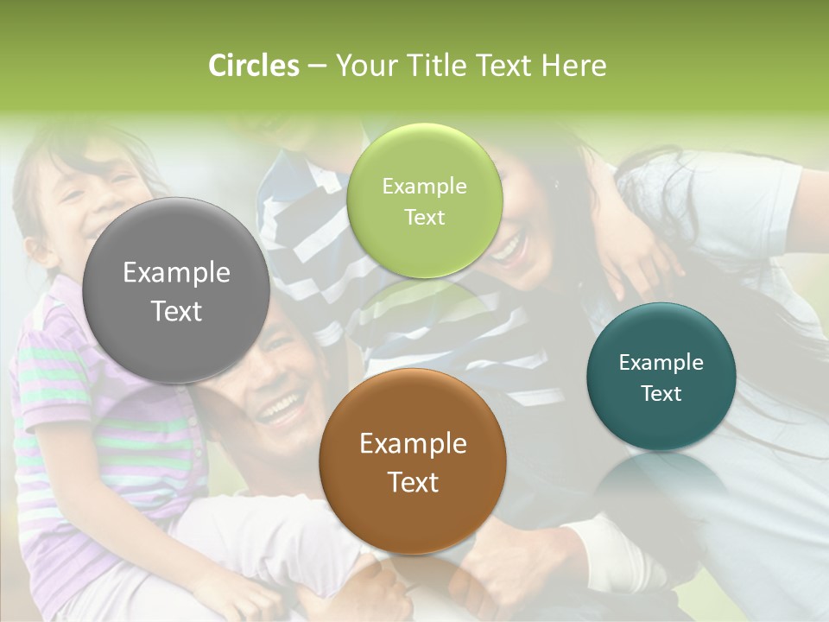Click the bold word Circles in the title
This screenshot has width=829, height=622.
pyautogui.click(x=254, y=66)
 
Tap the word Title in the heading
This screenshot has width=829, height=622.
pyautogui.click(x=433, y=66)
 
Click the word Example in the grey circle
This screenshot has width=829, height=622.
pyautogui.click(x=176, y=273)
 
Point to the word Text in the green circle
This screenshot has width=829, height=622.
pyautogui.click(x=424, y=217)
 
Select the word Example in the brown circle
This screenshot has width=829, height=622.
pyautogui.click(x=413, y=444)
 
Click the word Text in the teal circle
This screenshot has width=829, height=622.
pyautogui.click(x=661, y=394)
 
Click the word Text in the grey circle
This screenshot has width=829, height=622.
pyautogui.click(x=176, y=311)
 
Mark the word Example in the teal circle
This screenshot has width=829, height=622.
pyautogui.click(x=661, y=363)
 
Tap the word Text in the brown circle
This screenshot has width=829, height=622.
pyautogui.click(x=413, y=482)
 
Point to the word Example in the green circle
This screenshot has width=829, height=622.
pyautogui.click(x=424, y=187)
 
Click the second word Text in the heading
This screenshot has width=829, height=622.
pyautogui.click(x=505, y=66)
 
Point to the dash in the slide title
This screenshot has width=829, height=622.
pyautogui.click(x=317, y=67)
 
